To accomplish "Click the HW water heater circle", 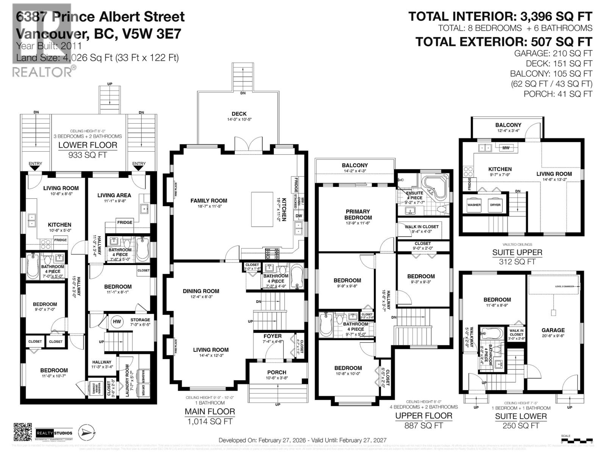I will pos(117,322).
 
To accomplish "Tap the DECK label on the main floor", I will pos(239,114).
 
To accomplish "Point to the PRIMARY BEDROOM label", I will pos(358,215).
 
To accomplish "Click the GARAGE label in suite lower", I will pos(553,330).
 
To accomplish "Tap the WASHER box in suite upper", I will pos(474,205).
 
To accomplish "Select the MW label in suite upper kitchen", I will pos(506,148).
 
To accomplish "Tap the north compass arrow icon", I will pos(86,433).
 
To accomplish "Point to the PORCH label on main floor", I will pos(276,372).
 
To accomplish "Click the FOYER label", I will pos(272,336).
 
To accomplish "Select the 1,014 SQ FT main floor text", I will pos(209,421).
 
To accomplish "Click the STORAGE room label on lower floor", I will pos(140,320).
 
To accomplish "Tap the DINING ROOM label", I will pos(201,291).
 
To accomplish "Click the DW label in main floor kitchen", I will pos(298,216).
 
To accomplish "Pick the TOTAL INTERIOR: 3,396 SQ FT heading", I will pos(500,17).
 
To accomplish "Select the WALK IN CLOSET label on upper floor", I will pos(422,227).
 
